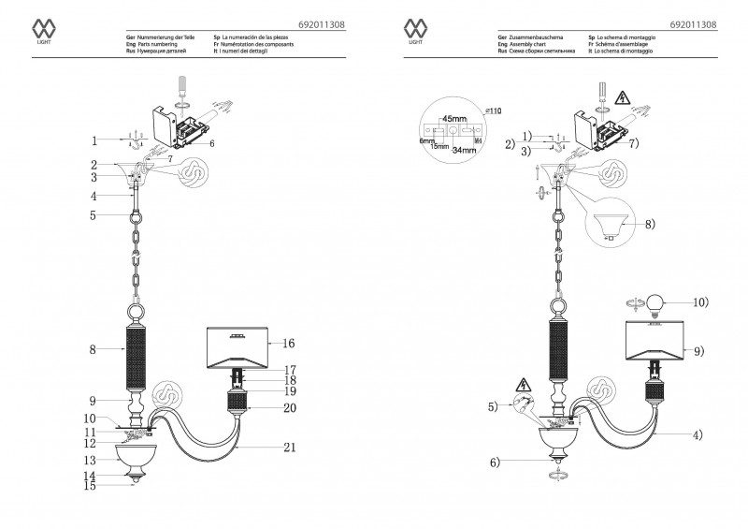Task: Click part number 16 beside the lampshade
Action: point(289,344)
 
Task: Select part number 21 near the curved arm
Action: point(289,448)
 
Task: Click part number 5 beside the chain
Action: point(94,215)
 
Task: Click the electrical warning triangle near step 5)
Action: point(524,386)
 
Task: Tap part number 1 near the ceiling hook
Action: point(94,141)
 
